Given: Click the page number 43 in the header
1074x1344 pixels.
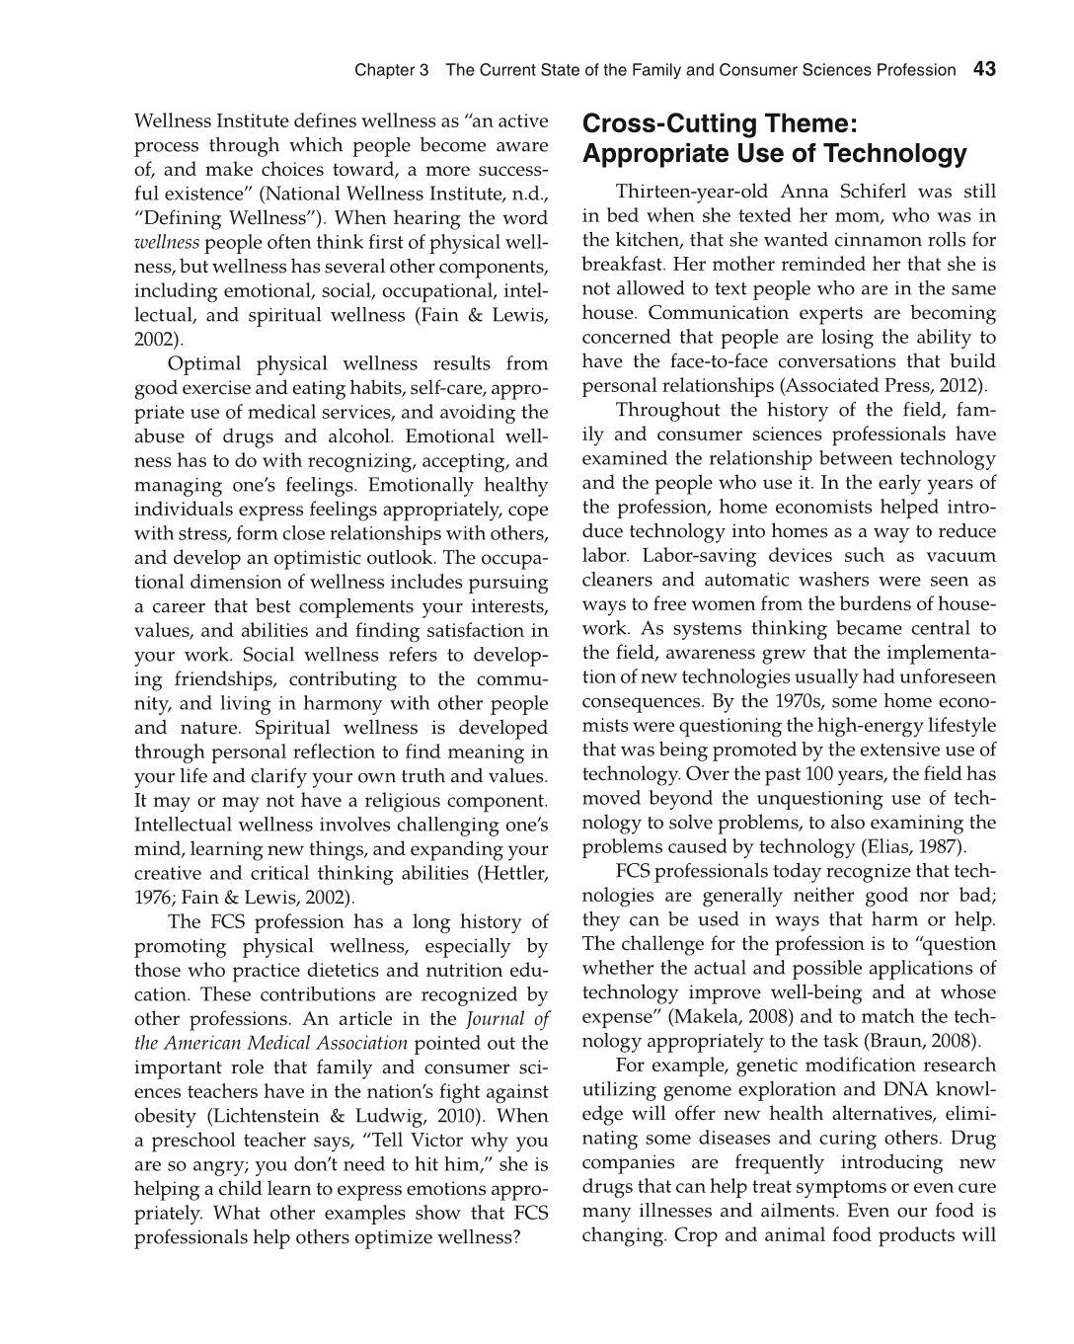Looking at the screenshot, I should [x=984, y=69].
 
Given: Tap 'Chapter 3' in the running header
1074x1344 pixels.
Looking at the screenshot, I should [x=392, y=70].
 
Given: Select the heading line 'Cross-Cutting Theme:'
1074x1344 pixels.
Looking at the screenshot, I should [x=720, y=124].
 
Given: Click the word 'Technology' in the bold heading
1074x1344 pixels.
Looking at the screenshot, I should [x=895, y=154].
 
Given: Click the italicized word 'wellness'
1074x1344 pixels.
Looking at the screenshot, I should [x=167, y=243].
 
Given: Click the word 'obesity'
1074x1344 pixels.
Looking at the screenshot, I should [x=166, y=1117].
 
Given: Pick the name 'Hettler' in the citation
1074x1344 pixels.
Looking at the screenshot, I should [x=514, y=874].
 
